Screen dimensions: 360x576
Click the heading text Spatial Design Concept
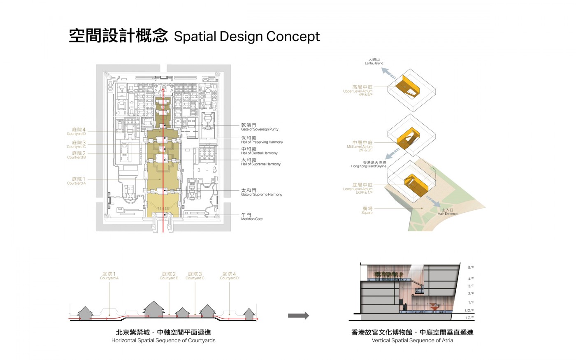[246, 37]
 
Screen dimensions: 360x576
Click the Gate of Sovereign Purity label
[259, 127]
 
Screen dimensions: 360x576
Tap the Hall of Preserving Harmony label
[262, 140]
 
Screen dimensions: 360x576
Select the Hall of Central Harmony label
[259, 151]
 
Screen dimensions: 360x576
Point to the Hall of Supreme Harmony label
[260, 162]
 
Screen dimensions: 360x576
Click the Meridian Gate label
[251, 217]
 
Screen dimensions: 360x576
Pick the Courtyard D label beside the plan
[77, 131]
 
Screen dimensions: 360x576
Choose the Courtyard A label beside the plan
[77, 181]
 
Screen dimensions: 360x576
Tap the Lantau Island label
[374, 61]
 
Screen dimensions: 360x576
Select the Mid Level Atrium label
[360, 146]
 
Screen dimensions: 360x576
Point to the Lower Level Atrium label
[358, 188]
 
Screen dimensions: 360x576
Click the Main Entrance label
[447, 212]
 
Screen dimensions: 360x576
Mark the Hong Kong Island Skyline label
[369, 165]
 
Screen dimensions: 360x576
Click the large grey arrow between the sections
[298, 316]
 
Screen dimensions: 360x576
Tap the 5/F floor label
[471, 268]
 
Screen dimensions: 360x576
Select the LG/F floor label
[469, 318]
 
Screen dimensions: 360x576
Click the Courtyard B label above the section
[169, 276]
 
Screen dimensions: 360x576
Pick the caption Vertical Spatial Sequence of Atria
[412, 340]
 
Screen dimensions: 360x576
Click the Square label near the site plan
[367, 211]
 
